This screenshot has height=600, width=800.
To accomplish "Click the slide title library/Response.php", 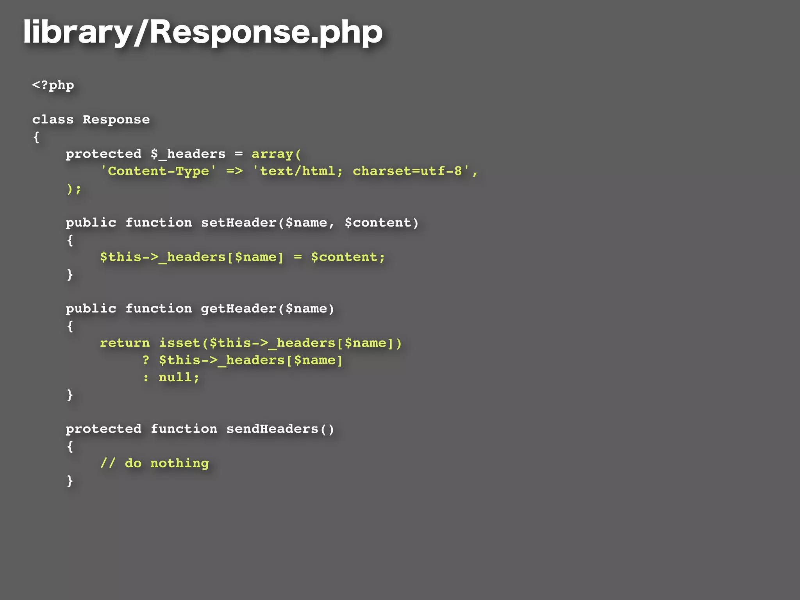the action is click(203, 32).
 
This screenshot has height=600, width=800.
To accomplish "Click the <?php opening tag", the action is click(53, 85).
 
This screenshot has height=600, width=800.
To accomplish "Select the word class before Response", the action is click(53, 120).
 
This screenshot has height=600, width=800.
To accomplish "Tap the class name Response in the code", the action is click(116, 120).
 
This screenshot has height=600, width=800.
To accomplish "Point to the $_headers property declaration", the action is click(188, 154).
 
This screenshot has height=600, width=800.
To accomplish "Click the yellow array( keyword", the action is click(276, 154).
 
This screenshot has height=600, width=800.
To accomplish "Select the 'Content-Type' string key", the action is click(158, 171).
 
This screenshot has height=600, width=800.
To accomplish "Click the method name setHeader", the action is click(239, 223).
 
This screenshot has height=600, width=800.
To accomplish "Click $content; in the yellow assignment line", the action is click(348, 257).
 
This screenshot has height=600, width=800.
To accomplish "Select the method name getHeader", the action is click(239, 309).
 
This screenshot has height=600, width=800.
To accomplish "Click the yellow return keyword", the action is click(125, 343).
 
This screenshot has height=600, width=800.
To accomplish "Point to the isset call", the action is click(180, 343).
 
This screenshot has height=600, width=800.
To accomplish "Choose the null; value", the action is click(179, 377).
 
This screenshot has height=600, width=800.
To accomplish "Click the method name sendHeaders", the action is click(272, 429).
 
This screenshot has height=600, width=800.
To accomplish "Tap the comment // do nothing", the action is click(154, 463).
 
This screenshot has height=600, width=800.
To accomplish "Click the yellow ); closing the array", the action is click(74, 189).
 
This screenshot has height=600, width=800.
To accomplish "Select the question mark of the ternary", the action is click(146, 360).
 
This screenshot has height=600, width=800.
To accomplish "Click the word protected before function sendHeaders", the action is click(104, 429).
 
